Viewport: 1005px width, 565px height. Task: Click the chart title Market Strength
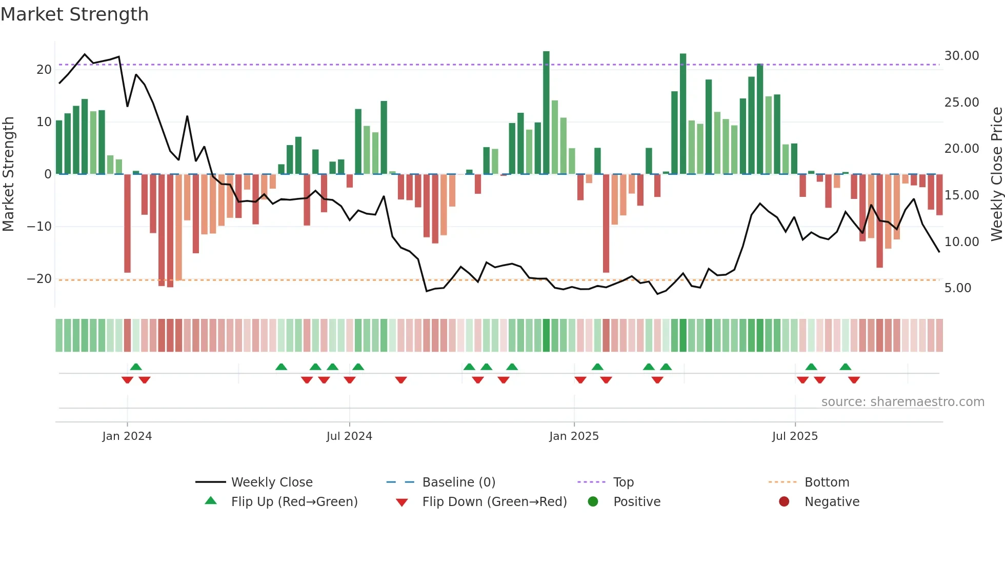pos(74,14)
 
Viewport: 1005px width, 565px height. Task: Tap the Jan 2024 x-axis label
pos(127,436)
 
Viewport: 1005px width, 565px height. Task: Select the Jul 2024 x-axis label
pos(349,436)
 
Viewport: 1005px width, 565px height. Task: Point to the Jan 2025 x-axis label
pos(574,436)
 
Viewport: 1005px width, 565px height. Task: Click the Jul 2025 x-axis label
pos(795,436)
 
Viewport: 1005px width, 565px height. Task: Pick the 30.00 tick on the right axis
pos(961,56)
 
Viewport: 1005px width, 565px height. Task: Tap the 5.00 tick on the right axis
pos(958,288)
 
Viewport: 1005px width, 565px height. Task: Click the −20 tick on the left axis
pos(39,279)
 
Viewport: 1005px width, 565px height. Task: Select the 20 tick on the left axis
pos(44,70)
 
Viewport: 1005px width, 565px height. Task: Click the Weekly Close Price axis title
pos(996,174)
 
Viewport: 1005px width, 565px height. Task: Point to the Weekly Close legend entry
pos(271,482)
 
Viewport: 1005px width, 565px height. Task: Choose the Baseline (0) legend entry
pos(458,482)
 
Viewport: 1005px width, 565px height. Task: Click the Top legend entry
pos(623,482)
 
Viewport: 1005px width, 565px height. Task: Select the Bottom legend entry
pos(827,482)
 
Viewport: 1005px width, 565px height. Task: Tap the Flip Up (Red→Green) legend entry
pos(294,502)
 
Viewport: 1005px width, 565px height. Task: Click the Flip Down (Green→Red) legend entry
pos(494,502)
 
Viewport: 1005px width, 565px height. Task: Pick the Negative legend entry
pos(831,502)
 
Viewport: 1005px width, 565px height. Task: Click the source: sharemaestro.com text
pos(902,402)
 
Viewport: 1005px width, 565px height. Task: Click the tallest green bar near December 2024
pos(546,113)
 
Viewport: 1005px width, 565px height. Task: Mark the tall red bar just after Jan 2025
pos(606,223)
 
